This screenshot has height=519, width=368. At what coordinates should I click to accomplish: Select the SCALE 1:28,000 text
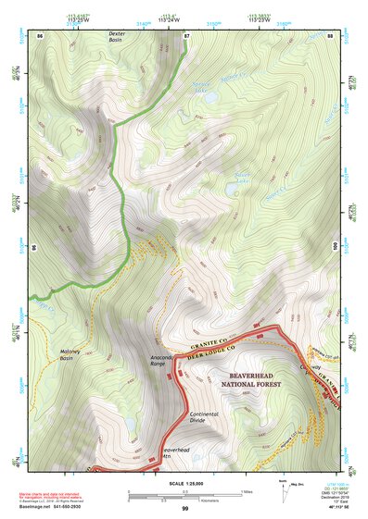[184, 485]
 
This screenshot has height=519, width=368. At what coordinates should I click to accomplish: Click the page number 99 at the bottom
[184, 509]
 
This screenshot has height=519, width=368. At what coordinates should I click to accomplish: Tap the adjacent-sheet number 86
[40, 35]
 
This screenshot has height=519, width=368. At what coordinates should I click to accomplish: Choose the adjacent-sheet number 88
[329, 35]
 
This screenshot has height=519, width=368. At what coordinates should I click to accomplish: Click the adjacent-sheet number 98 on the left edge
[35, 248]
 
